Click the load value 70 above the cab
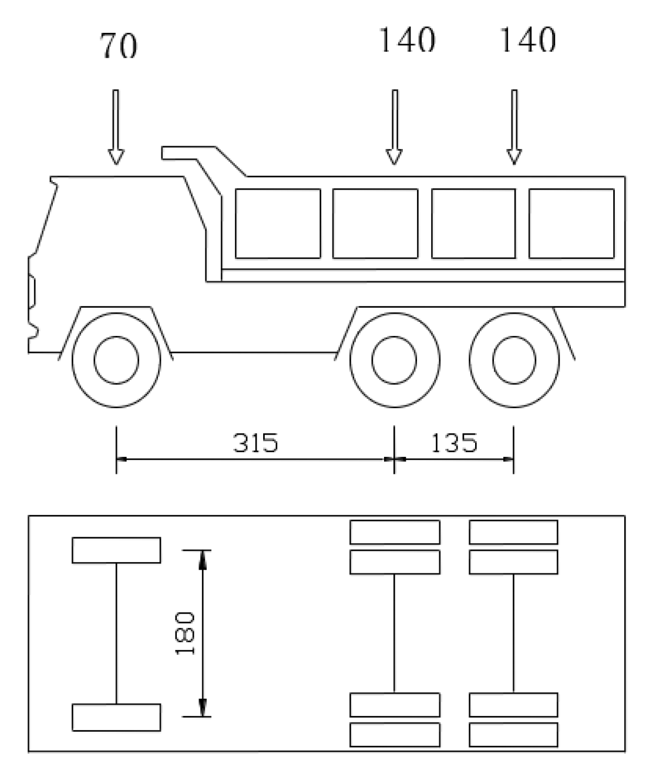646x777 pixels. click(x=119, y=46)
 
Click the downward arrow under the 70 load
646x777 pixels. click(x=116, y=126)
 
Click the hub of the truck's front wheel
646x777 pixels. click(x=116, y=359)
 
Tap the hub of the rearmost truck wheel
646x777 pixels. click(x=514, y=359)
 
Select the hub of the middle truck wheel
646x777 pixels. click(x=394, y=359)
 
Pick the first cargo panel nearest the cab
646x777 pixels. click(x=278, y=223)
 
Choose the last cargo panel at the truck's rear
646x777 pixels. click(x=571, y=223)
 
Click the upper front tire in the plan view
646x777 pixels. click(x=116, y=550)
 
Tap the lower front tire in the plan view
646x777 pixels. click(x=116, y=717)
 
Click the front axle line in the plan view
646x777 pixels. click(x=116, y=633)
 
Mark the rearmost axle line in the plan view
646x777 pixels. click(x=514, y=633)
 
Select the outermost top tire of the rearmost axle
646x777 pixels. click(x=513, y=532)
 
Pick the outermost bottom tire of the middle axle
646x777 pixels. click(x=395, y=735)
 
